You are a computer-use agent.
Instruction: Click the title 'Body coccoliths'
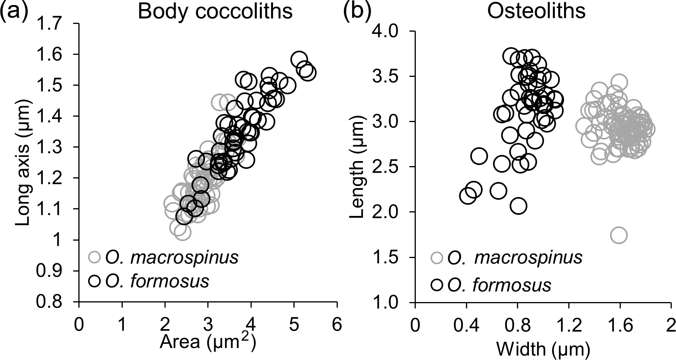click(x=215, y=12)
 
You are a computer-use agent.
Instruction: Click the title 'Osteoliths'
click(x=536, y=12)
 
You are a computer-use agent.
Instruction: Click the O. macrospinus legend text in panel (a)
click(x=172, y=258)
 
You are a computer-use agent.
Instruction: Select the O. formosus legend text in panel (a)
click(x=157, y=281)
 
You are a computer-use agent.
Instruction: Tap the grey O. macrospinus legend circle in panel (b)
click(x=437, y=258)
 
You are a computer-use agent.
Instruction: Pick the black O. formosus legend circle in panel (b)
click(x=437, y=285)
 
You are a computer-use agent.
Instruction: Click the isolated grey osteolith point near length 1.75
click(x=618, y=235)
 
